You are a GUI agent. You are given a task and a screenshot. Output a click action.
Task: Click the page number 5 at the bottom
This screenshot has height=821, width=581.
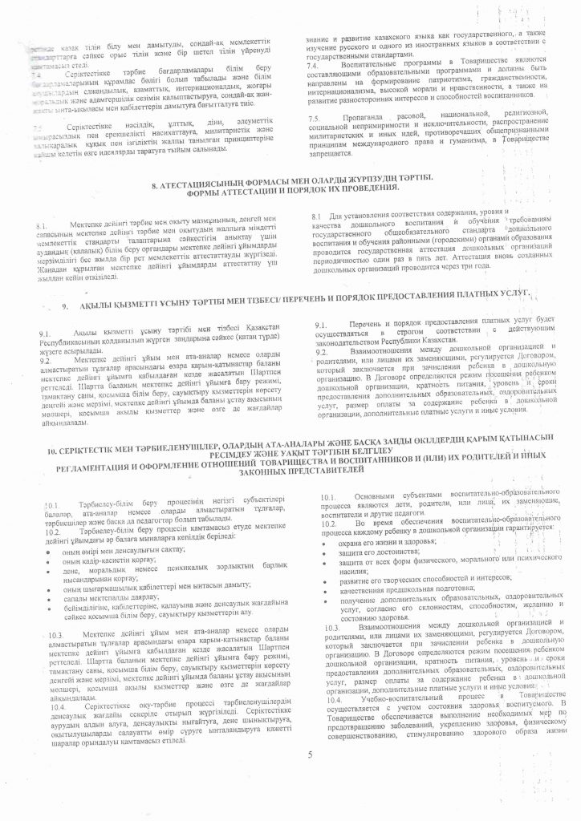(x=309, y=754)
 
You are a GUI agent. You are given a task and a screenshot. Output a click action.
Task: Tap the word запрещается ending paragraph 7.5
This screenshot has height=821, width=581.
(x=331, y=151)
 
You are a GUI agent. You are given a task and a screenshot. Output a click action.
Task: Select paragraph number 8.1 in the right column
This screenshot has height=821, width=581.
(x=315, y=216)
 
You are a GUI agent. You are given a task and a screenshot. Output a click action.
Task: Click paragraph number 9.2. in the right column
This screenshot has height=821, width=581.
(x=320, y=351)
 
